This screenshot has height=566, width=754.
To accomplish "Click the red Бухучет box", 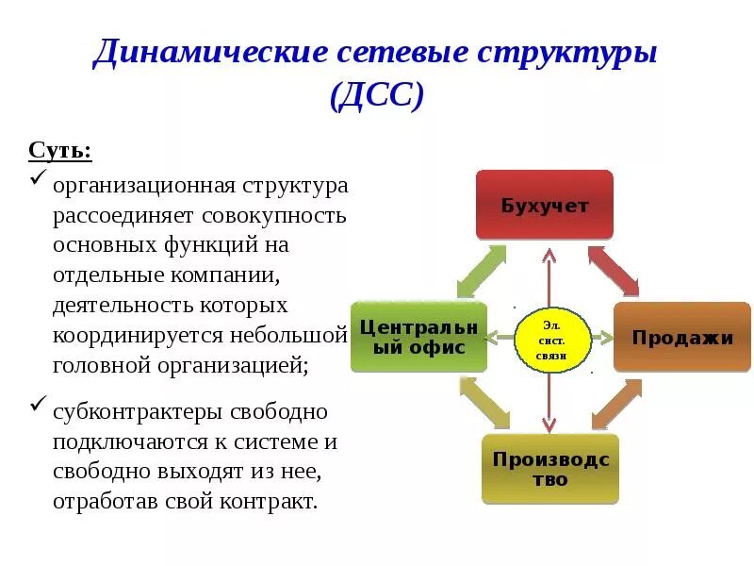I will coord(544,205).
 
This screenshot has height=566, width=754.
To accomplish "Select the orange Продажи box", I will coord(682,337).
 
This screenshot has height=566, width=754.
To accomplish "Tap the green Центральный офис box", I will coord(418,337).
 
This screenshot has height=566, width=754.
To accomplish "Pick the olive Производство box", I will coord(550,469).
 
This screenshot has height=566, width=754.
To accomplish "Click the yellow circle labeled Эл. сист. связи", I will coord(552,338).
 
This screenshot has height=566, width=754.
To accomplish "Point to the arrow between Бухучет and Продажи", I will coord(614,271).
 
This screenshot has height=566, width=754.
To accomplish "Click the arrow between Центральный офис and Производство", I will coord(484,403).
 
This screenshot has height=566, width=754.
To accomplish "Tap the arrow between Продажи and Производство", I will coord(616,404).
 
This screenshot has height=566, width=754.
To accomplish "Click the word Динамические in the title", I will coord(208,54).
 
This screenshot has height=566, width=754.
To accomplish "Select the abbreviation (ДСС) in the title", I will coord(377,95).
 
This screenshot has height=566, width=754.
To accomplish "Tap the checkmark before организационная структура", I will coord(38,178).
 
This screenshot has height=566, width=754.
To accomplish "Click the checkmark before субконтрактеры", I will coord(38,406).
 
